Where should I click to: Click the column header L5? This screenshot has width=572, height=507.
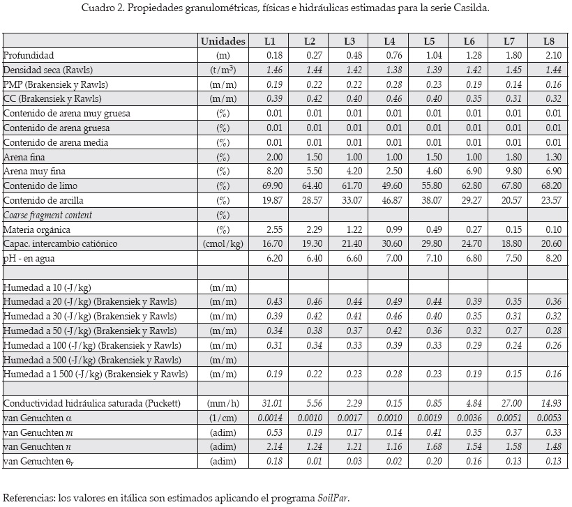point(430,41)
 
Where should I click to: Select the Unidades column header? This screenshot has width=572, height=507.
point(223,41)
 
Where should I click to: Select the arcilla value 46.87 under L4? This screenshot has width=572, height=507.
point(390,200)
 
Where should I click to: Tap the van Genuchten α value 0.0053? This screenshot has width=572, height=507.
point(548,417)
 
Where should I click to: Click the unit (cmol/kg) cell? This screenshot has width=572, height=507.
point(223,243)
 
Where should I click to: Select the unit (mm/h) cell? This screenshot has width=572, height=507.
point(223,403)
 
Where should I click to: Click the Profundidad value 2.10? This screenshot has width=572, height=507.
point(551,55)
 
